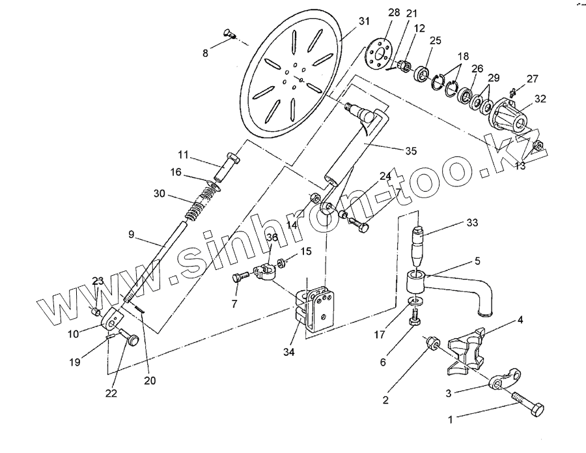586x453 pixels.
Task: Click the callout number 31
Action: tap(363, 21)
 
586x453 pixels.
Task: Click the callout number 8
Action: tap(206, 53)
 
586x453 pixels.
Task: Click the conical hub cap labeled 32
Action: tap(510, 115)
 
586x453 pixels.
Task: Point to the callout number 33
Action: tap(471, 222)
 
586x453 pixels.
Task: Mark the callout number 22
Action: tap(111, 392)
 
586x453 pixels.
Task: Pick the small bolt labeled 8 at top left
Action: tap(230, 35)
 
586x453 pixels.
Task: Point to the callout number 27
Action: tap(533, 79)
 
